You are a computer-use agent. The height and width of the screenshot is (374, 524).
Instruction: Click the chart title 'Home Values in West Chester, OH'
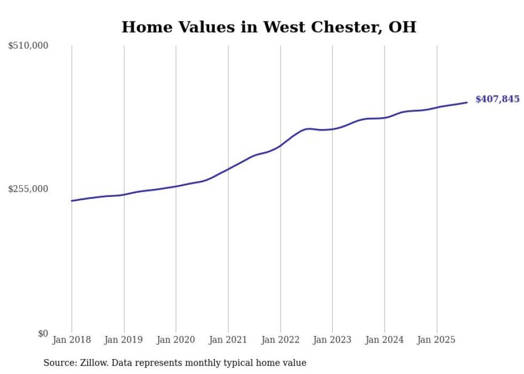(268, 27)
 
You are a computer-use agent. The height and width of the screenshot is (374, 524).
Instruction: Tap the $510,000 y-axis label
(28, 46)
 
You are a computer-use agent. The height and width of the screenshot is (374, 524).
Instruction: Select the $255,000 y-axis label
(28, 189)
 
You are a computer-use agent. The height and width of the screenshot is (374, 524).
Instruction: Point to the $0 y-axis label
(42, 333)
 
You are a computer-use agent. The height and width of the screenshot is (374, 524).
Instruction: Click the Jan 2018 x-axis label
(72, 340)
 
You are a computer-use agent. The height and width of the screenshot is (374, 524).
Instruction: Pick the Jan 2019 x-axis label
(124, 340)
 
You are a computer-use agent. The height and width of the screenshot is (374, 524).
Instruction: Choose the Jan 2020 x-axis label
(176, 340)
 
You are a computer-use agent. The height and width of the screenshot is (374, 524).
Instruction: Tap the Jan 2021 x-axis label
(228, 340)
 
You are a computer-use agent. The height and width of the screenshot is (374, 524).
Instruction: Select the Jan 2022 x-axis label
(280, 340)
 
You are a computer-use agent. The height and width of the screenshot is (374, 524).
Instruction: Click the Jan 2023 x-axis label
(332, 340)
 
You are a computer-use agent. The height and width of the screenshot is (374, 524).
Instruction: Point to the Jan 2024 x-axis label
(384, 340)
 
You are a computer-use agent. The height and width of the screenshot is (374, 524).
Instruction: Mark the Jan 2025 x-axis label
(437, 340)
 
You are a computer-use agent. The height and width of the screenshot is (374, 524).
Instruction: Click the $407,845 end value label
(497, 99)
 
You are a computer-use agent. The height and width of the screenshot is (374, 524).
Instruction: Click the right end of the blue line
(467, 102)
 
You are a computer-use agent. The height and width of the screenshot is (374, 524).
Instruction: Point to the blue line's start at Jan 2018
(72, 201)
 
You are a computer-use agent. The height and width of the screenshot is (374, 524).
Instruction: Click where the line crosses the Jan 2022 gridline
(280, 145)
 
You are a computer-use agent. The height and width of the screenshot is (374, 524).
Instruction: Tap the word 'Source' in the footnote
(59, 363)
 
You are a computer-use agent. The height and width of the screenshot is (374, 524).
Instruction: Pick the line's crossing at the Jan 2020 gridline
(176, 186)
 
